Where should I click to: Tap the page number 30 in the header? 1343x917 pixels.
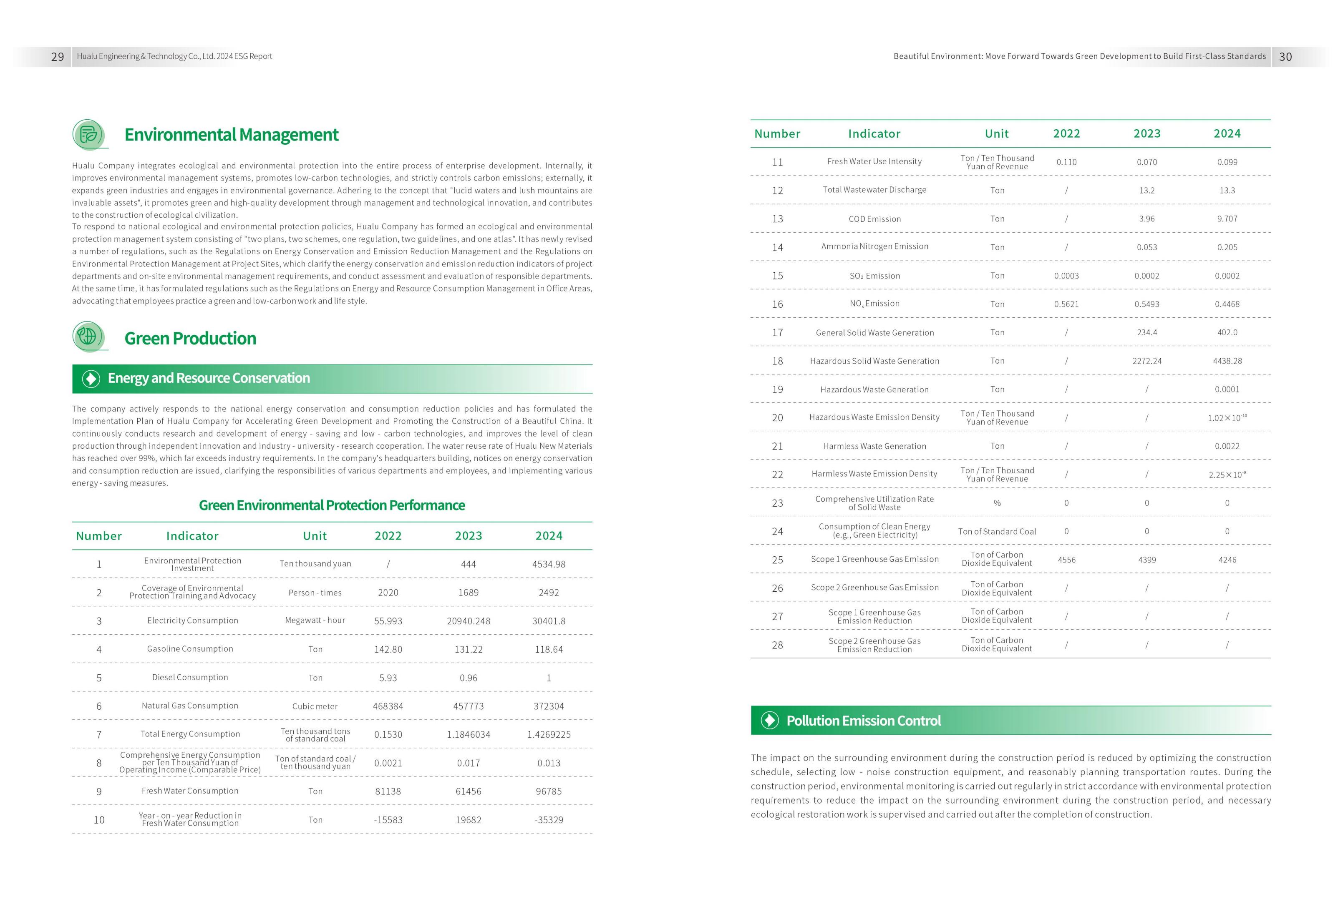1285,57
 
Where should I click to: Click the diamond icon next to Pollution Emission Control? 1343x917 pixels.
769,720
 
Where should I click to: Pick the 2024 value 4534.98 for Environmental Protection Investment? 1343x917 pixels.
548,564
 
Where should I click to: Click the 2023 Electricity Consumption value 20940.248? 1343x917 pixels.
468,621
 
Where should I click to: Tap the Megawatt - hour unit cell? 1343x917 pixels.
315,620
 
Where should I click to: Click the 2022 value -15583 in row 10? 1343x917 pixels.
388,820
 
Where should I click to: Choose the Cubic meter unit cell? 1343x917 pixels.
315,706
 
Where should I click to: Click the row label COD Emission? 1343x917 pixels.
874,219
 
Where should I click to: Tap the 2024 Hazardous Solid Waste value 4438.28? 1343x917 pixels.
1227,361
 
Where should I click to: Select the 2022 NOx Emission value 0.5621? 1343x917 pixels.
1066,304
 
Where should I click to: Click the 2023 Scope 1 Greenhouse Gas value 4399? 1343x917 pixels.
1146,560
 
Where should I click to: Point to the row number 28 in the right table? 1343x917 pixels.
777,645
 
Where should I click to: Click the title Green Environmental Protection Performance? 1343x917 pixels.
332,505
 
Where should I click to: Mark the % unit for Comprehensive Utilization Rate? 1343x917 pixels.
997,503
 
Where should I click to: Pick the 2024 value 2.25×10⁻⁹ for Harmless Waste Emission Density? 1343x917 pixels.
1227,475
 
